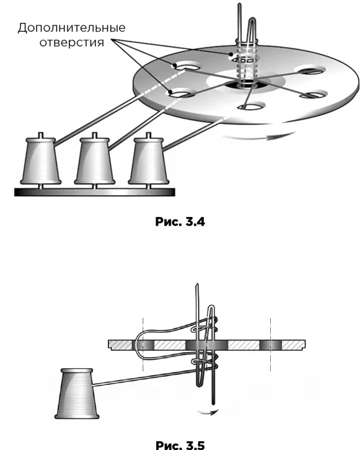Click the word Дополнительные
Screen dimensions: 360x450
pos(71,28)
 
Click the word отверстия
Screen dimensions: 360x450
pos(72,43)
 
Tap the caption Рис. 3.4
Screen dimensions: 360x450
pos(180,221)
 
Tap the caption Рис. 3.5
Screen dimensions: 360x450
pos(180,445)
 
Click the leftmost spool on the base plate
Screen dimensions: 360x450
pos(41,161)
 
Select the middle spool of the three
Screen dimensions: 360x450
pos(95,161)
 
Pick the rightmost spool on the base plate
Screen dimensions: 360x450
pos(148,161)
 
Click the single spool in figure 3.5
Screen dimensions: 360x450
pos(77,393)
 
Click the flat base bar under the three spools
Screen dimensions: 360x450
pos(95,192)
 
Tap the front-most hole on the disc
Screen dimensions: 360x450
pos(251,107)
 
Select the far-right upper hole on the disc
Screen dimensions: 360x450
pos(311,70)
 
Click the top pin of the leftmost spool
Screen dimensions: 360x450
pos(41,135)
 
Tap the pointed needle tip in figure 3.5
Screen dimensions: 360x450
pos(197,286)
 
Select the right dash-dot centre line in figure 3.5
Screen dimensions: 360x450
pos(271,344)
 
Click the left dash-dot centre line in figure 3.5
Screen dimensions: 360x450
pos(143,344)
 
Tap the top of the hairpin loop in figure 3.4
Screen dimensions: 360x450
pos(252,19)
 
